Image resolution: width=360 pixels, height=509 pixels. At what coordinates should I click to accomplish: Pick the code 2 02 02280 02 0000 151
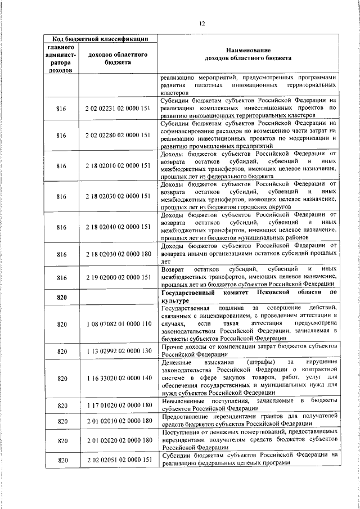118,136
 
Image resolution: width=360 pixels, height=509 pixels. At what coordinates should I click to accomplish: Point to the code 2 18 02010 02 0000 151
118,166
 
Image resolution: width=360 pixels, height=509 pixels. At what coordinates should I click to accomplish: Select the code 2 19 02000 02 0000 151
118,278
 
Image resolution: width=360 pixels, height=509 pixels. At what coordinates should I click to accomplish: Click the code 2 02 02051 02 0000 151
118,460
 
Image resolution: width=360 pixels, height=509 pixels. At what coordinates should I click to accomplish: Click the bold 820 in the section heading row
62,298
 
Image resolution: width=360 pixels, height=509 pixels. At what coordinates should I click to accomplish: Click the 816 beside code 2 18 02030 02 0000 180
62,254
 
